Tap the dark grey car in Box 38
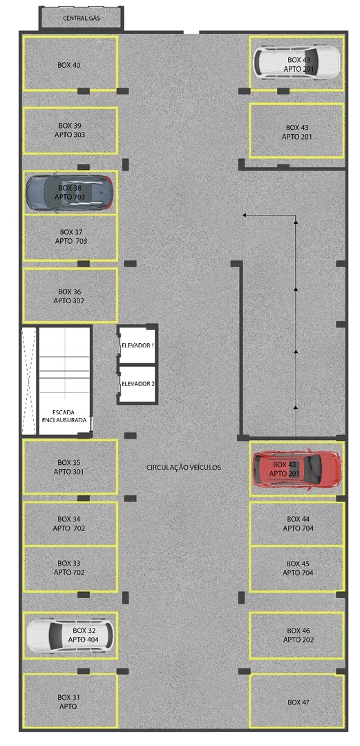(x=69, y=192)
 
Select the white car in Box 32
(x=69, y=635)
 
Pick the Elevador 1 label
(x=138, y=344)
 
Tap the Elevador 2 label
(x=138, y=383)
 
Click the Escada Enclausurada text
(x=64, y=415)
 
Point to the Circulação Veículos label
(x=184, y=468)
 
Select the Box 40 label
(x=69, y=65)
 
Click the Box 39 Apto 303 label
(x=70, y=130)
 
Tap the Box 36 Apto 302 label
(x=69, y=296)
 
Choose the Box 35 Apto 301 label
(x=69, y=467)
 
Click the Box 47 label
(x=299, y=702)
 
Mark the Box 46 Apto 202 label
(x=298, y=635)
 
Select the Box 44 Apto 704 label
(x=298, y=524)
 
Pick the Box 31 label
(x=69, y=702)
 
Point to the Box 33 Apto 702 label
(x=69, y=568)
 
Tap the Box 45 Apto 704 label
(x=298, y=568)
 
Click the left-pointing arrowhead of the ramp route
(x=244, y=216)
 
